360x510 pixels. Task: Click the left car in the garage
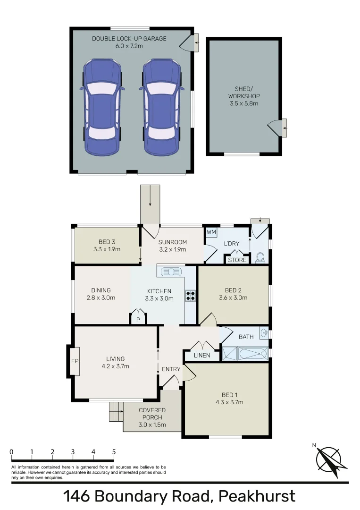point(101,107)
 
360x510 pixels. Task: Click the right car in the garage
point(161,107)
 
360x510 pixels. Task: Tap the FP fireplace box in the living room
point(74,361)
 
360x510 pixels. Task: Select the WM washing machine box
point(211,232)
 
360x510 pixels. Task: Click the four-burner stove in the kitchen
point(191,296)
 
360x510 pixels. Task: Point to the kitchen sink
point(170,272)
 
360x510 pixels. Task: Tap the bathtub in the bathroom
point(253,354)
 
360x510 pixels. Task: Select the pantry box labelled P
point(138,319)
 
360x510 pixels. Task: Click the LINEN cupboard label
point(201,355)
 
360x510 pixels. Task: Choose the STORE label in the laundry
point(237,260)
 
